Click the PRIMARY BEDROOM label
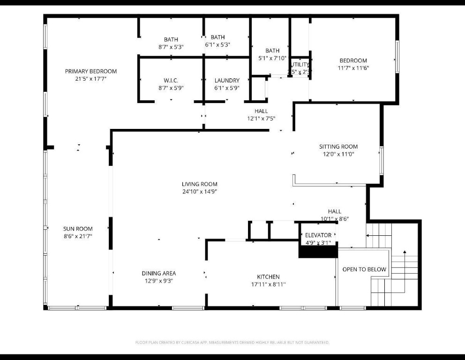point(90,71)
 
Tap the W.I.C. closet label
point(171,80)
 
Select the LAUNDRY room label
point(227,80)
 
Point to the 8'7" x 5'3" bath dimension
point(171,47)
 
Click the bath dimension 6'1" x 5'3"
point(217,45)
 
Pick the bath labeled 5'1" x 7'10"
point(272,58)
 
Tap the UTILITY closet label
point(300,65)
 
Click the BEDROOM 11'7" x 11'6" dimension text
point(353,68)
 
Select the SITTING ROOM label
point(338,146)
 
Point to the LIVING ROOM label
point(200,184)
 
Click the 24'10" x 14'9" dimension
point(200,191)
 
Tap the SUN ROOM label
point(78,229)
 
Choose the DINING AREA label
point(159,273)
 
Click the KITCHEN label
point(268,277)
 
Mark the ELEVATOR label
point(318,235)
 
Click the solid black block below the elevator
point(318,252)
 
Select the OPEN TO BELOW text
point(364,270)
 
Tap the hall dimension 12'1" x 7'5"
point(261,119)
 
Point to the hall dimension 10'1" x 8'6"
point(335,218)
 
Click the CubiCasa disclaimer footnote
point(232,343)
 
